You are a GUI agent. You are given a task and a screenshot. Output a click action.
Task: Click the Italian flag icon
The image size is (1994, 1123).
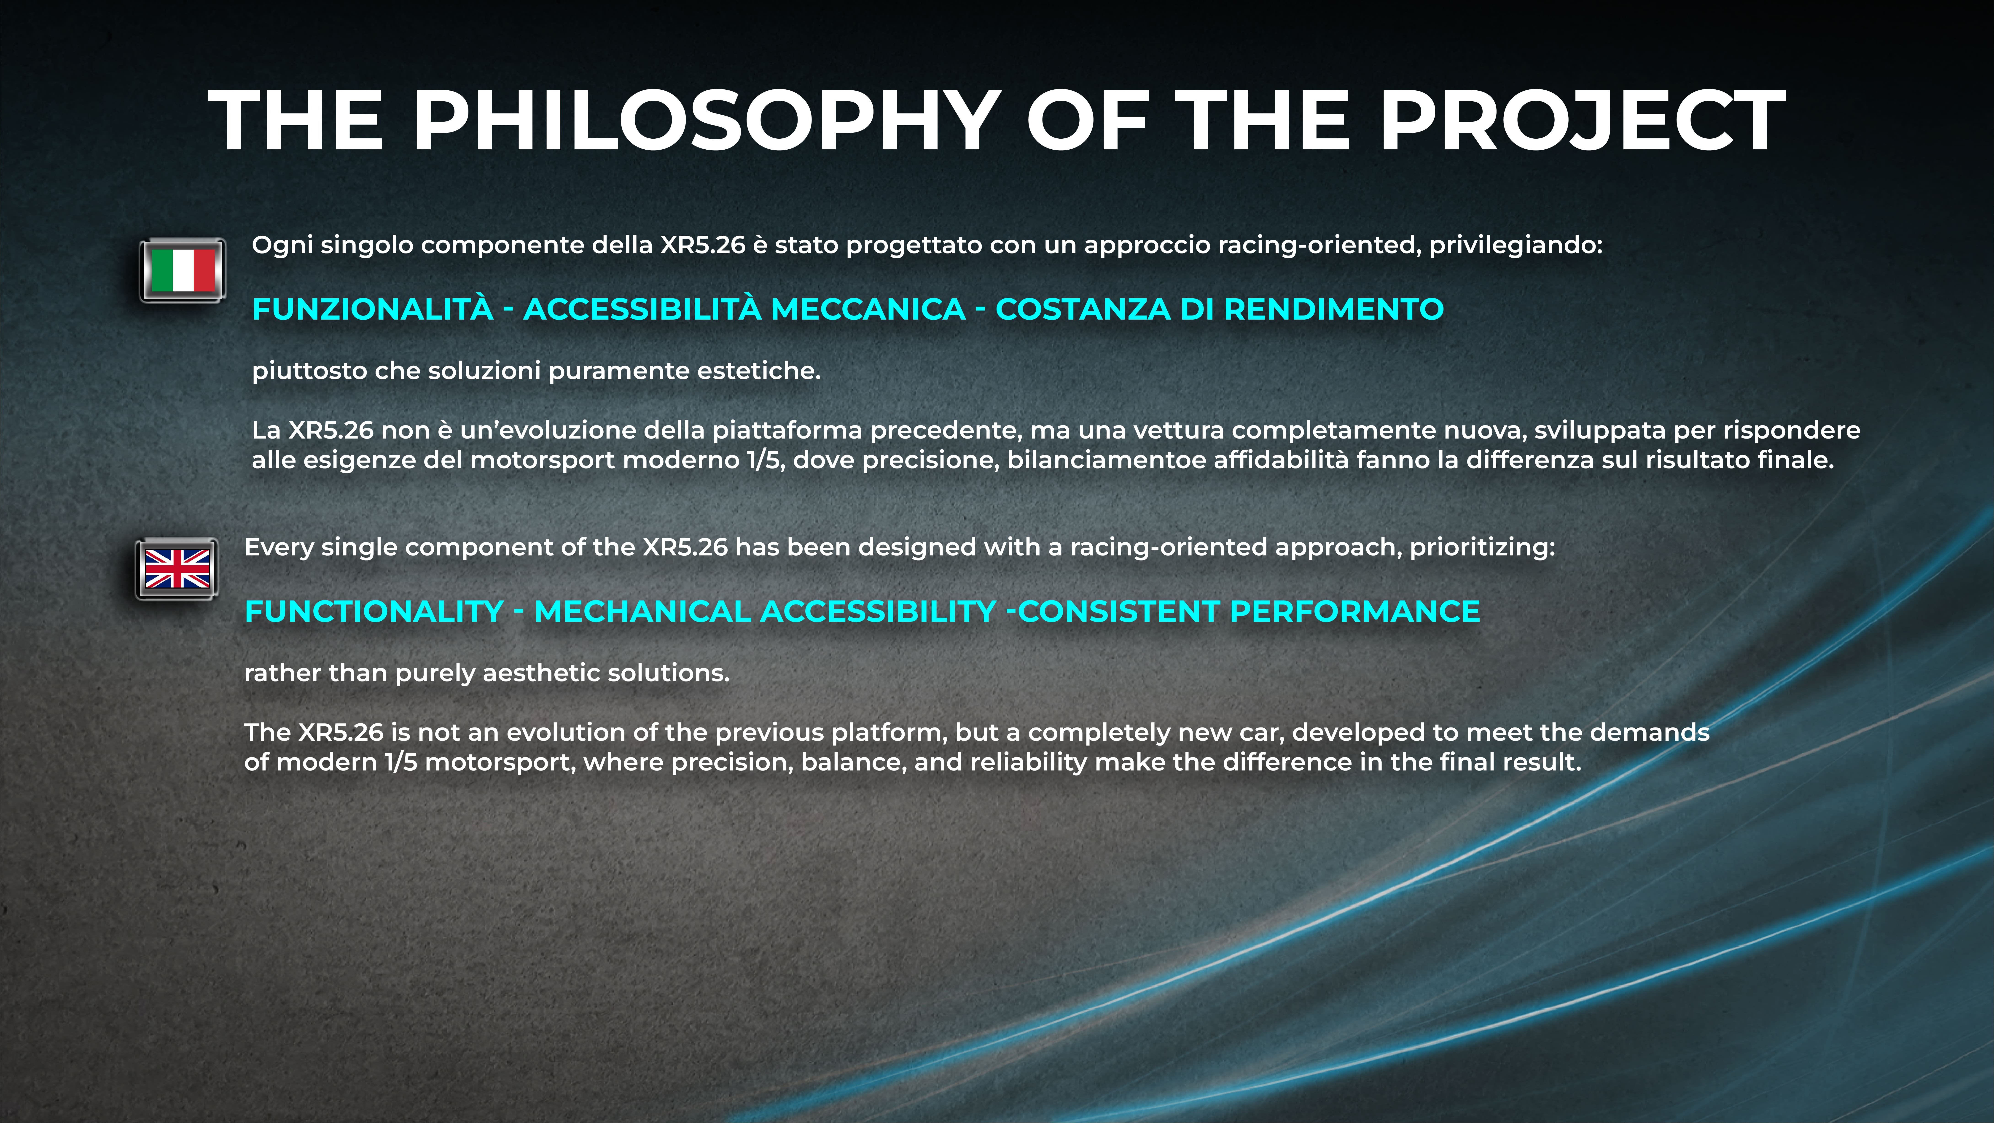pos(183,270)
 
